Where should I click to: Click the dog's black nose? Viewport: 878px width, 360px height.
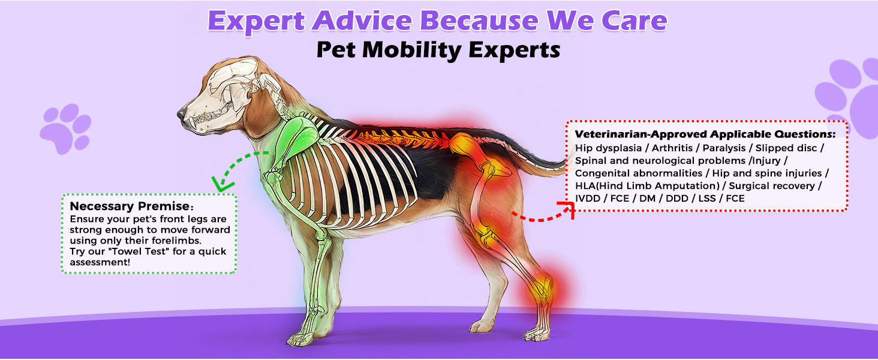click(181, 113)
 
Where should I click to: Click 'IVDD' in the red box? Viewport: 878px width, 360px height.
click(588, 198)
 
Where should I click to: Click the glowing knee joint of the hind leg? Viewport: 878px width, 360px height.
click(485, 232)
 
